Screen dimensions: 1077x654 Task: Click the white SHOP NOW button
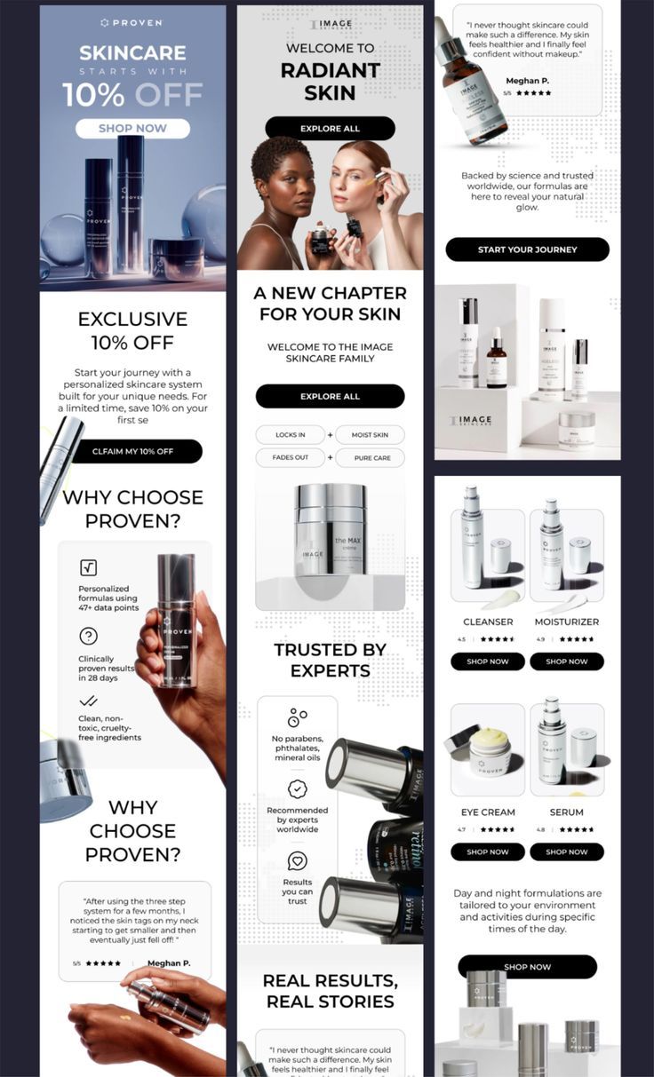point(132,128)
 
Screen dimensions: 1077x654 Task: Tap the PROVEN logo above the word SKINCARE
point(132,22)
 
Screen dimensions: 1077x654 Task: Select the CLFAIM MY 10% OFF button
point(132,451)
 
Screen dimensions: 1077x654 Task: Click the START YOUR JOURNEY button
point(527,249)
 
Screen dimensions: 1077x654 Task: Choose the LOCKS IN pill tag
point(290,435)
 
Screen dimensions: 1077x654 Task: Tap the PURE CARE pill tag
point(370,458)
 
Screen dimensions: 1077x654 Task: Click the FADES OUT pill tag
point(290,458)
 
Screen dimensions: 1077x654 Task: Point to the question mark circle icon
point(88,636)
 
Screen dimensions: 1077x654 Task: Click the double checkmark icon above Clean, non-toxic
point(88,701)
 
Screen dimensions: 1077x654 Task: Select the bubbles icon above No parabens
point(297,717)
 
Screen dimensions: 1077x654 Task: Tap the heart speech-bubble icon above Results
point(297,860)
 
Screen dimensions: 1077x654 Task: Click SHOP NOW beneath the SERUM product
point(566,851)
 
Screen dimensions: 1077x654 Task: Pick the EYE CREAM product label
point(488,812)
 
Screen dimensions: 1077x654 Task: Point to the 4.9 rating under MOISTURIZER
point(540,639)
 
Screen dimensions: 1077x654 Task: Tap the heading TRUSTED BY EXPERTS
point(330,660)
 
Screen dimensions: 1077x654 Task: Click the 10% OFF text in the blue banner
point(132,94)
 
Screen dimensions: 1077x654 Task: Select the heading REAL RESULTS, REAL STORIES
point(330,991)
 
